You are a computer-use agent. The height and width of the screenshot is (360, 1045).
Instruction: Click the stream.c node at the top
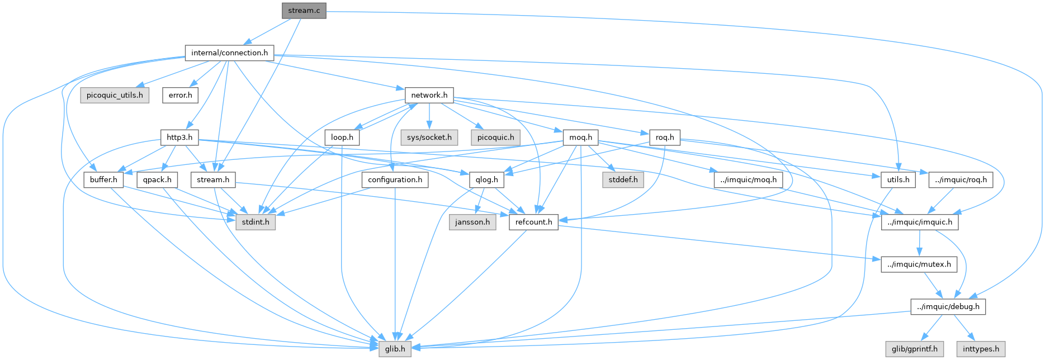(x=304, y=11)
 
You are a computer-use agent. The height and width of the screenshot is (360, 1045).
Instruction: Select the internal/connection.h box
(x=229, y=53)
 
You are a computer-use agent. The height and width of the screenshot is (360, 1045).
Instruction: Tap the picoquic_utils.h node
(x=115, y=95)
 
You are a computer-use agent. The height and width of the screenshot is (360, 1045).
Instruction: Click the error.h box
(x=180, y=95)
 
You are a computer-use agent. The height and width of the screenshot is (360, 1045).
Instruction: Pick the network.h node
(x=429, y=95)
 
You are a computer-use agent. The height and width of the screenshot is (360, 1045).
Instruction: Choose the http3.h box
(x=179, y=138)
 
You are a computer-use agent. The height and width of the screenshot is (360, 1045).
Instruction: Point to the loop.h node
(x=342, y=138)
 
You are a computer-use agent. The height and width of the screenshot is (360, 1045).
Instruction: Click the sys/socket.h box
(x=429, y=138)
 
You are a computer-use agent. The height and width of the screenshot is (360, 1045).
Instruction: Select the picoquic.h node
(x=495, y=138)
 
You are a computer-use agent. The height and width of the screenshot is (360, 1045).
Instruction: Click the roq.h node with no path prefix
(x=665, y=138)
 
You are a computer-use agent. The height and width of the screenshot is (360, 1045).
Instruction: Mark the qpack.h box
(x=157, y=180)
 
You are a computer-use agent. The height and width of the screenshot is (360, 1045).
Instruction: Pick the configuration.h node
(x=395, y=180)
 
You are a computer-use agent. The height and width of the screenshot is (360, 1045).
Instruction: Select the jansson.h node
(x=473, y=222)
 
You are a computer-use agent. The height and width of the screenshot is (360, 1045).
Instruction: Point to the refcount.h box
(x=533, y=222)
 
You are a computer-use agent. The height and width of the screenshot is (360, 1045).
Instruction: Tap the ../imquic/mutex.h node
(x=919, y=264)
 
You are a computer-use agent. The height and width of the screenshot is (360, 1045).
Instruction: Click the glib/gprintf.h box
(x=914, y=349)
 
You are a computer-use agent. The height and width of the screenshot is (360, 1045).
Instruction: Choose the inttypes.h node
(x=981, y=349)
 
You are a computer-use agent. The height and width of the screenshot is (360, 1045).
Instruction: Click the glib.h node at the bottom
(x=395, y=349)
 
